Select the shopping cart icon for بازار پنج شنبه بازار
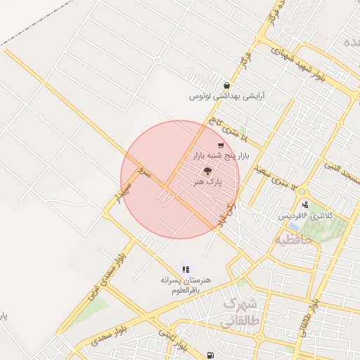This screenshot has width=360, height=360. point(221,146)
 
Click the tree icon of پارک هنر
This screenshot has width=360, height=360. point(207,171)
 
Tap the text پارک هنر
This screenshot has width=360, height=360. point(208,181)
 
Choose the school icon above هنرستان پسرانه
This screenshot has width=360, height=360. point(186,269)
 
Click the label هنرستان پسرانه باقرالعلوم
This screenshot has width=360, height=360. point(186,284)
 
